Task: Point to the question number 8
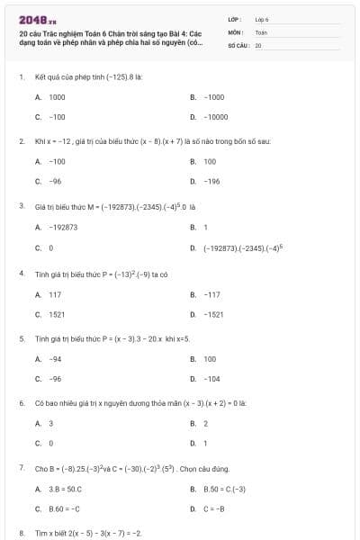21,533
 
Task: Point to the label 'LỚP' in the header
233,19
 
